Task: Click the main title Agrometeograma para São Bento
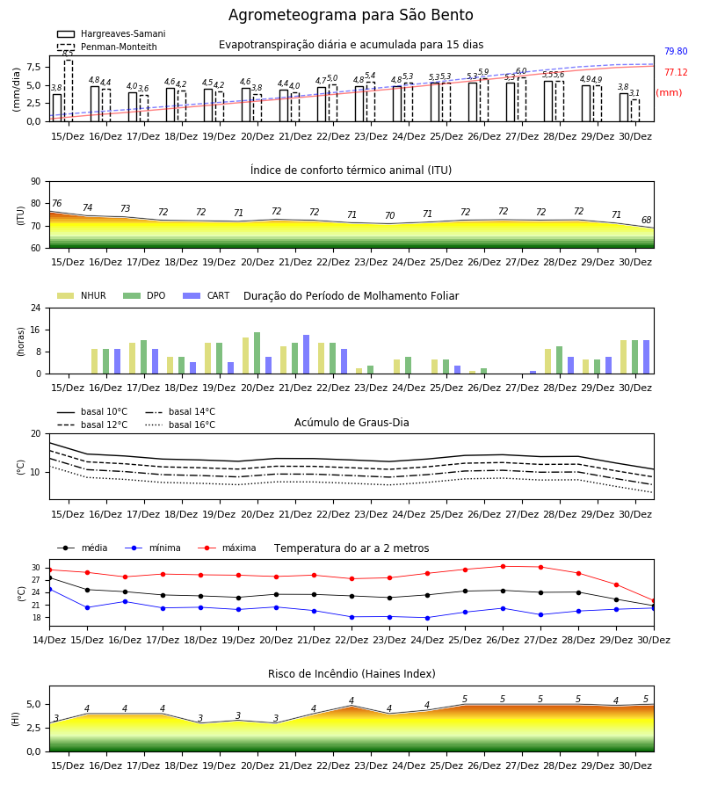tap(351, 15)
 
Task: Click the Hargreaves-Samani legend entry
tap(111, 33)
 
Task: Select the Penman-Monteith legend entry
tap(107, 47)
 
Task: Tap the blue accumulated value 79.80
tap(676, 51)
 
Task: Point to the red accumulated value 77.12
tap(676, 72)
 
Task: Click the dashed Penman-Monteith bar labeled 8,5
tap(69, 91)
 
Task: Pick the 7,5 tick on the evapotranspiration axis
tap(33, 67)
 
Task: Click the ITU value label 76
tap(56, 203)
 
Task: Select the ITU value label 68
tap(647, 220)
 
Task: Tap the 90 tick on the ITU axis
tap(36, 182)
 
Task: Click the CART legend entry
tap(207, 295)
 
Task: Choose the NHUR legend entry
tap(82, 295)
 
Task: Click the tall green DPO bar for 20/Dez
tap(257, 353)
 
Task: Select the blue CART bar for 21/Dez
tap(306, 355)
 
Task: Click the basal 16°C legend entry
tap(180, 425)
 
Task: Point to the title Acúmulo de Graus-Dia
tap(351, 422)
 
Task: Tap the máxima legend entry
tap(227, 548)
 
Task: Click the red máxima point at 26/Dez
tap(503, 567)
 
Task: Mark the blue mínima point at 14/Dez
tap(49, 589)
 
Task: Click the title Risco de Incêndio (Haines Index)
tap(351, 674)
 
